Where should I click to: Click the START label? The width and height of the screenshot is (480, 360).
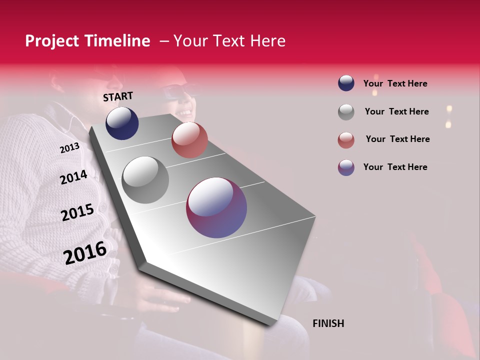(x=118, y=96)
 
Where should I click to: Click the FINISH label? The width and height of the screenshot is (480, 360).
(x=328, y=323)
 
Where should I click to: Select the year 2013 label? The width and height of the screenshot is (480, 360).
(x=69, y=148)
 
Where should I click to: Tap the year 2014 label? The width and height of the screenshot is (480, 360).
(x=73, y=177)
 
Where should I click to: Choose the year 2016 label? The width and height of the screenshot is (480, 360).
(x=85, y=252)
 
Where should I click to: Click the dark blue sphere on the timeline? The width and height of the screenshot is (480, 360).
(x=122, y=123)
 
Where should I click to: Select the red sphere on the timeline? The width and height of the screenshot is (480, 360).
(x=189, y=140)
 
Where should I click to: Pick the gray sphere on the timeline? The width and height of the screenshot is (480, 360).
(x=145, y=180)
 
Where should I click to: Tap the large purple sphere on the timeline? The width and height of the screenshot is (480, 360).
(x=216, y=207)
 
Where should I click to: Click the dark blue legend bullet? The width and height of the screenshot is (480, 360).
(x=346, y=83)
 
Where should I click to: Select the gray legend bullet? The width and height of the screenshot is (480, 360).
(x=346, y=112)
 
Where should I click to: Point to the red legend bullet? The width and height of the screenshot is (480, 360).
(x=346, y=140)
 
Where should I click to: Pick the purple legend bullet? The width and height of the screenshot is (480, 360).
(x=346, y=167)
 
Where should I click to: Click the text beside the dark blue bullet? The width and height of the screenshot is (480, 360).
(x=395, y=83)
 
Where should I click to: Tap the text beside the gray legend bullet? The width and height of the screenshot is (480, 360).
(x=396, y=111)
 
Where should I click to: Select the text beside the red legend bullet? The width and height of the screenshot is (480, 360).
(x=397, y=139)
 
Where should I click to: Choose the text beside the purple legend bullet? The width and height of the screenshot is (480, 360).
(x=395, y=167)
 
